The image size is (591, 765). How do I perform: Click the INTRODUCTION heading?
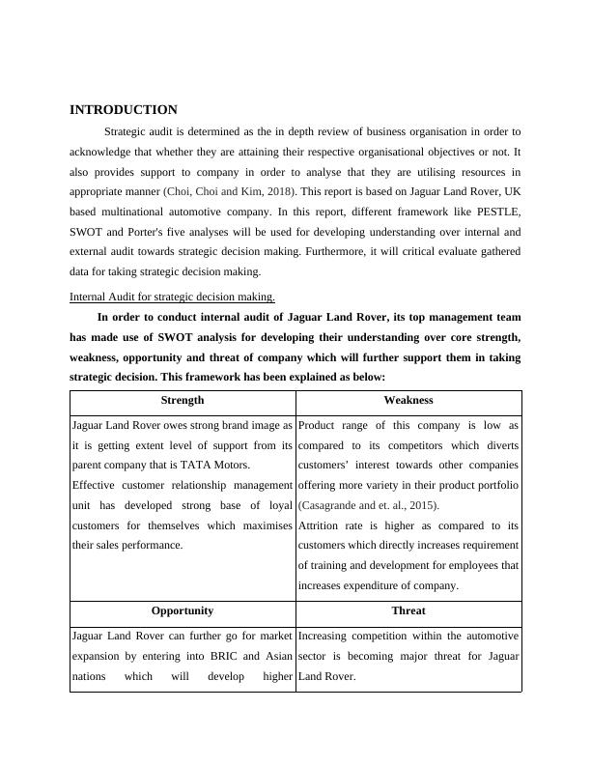point(124,110)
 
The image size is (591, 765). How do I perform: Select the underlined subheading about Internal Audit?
point(173,297)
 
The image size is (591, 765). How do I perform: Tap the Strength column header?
point(183,400)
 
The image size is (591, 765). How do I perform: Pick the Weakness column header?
point(408,400)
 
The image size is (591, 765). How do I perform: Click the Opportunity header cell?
point(183,610)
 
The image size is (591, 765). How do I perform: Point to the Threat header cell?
point(408,610)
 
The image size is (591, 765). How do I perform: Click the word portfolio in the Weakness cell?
point(497,485)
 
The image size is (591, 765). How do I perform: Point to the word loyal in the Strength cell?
point(276,505)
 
